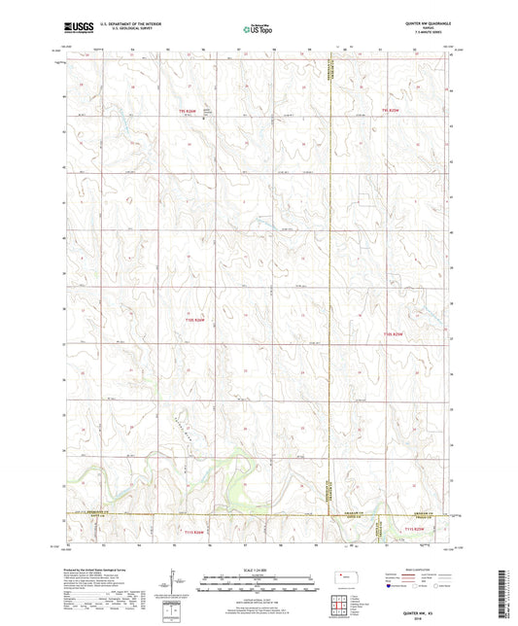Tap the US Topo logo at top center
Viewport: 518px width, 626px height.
[x=258, y=31]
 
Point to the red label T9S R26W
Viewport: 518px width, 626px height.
[x=188, y=112]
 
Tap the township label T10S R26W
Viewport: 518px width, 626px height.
[x=195, y=320]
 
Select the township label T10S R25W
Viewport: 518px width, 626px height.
[x=392, y=334]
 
